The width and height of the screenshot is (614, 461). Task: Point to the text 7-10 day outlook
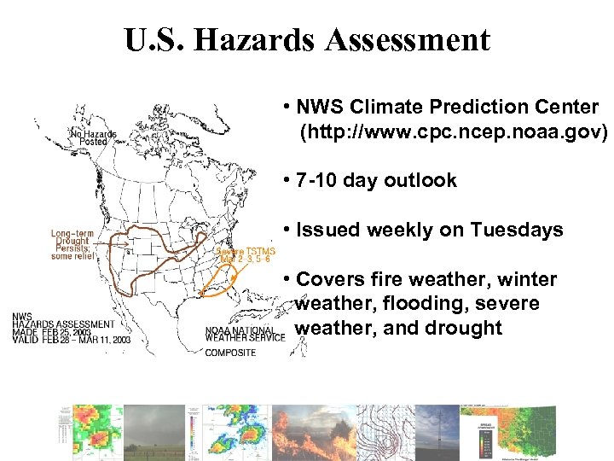coord(375,181)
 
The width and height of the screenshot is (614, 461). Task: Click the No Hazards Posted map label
coord(93,137)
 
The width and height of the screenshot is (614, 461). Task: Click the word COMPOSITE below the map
coord(229,353)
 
